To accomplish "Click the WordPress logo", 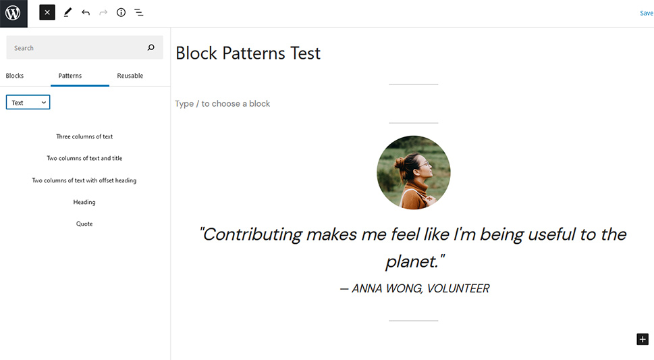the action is coord(13,13).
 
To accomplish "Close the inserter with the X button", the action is coord(47,13).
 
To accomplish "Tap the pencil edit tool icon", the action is coord(67,13).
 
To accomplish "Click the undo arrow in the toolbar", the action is coord(86,13).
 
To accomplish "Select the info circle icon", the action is coord(121,13).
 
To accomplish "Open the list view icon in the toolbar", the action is coord(139,13).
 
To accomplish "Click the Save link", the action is coord(647,14).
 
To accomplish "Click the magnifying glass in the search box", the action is coord(151,47).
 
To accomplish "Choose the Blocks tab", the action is coord(15,76).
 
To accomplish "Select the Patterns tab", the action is coord(70,76).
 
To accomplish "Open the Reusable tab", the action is coord(130,76).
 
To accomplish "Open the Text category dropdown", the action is coord(28,102).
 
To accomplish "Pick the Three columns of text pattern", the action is coord(84,136).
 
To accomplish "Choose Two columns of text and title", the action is coord(84,158).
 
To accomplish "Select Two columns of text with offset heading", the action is coord(84,180).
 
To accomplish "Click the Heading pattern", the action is coord(84,202).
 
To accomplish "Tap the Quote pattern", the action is coord(84,224).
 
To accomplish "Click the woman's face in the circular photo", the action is coord(420,168).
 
